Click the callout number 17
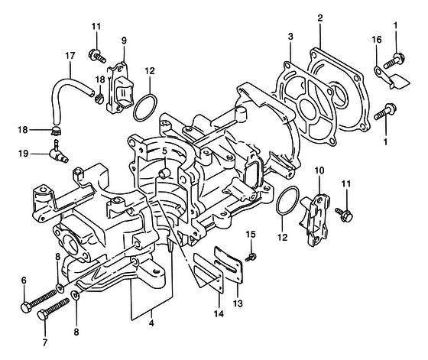point(70,56)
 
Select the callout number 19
point(24,154)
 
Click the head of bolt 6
point(25,306)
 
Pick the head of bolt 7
point(43,315)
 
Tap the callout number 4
point(151,323)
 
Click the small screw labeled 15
point(251,257)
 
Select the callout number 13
point(238,303)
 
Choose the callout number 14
point(219,314)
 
